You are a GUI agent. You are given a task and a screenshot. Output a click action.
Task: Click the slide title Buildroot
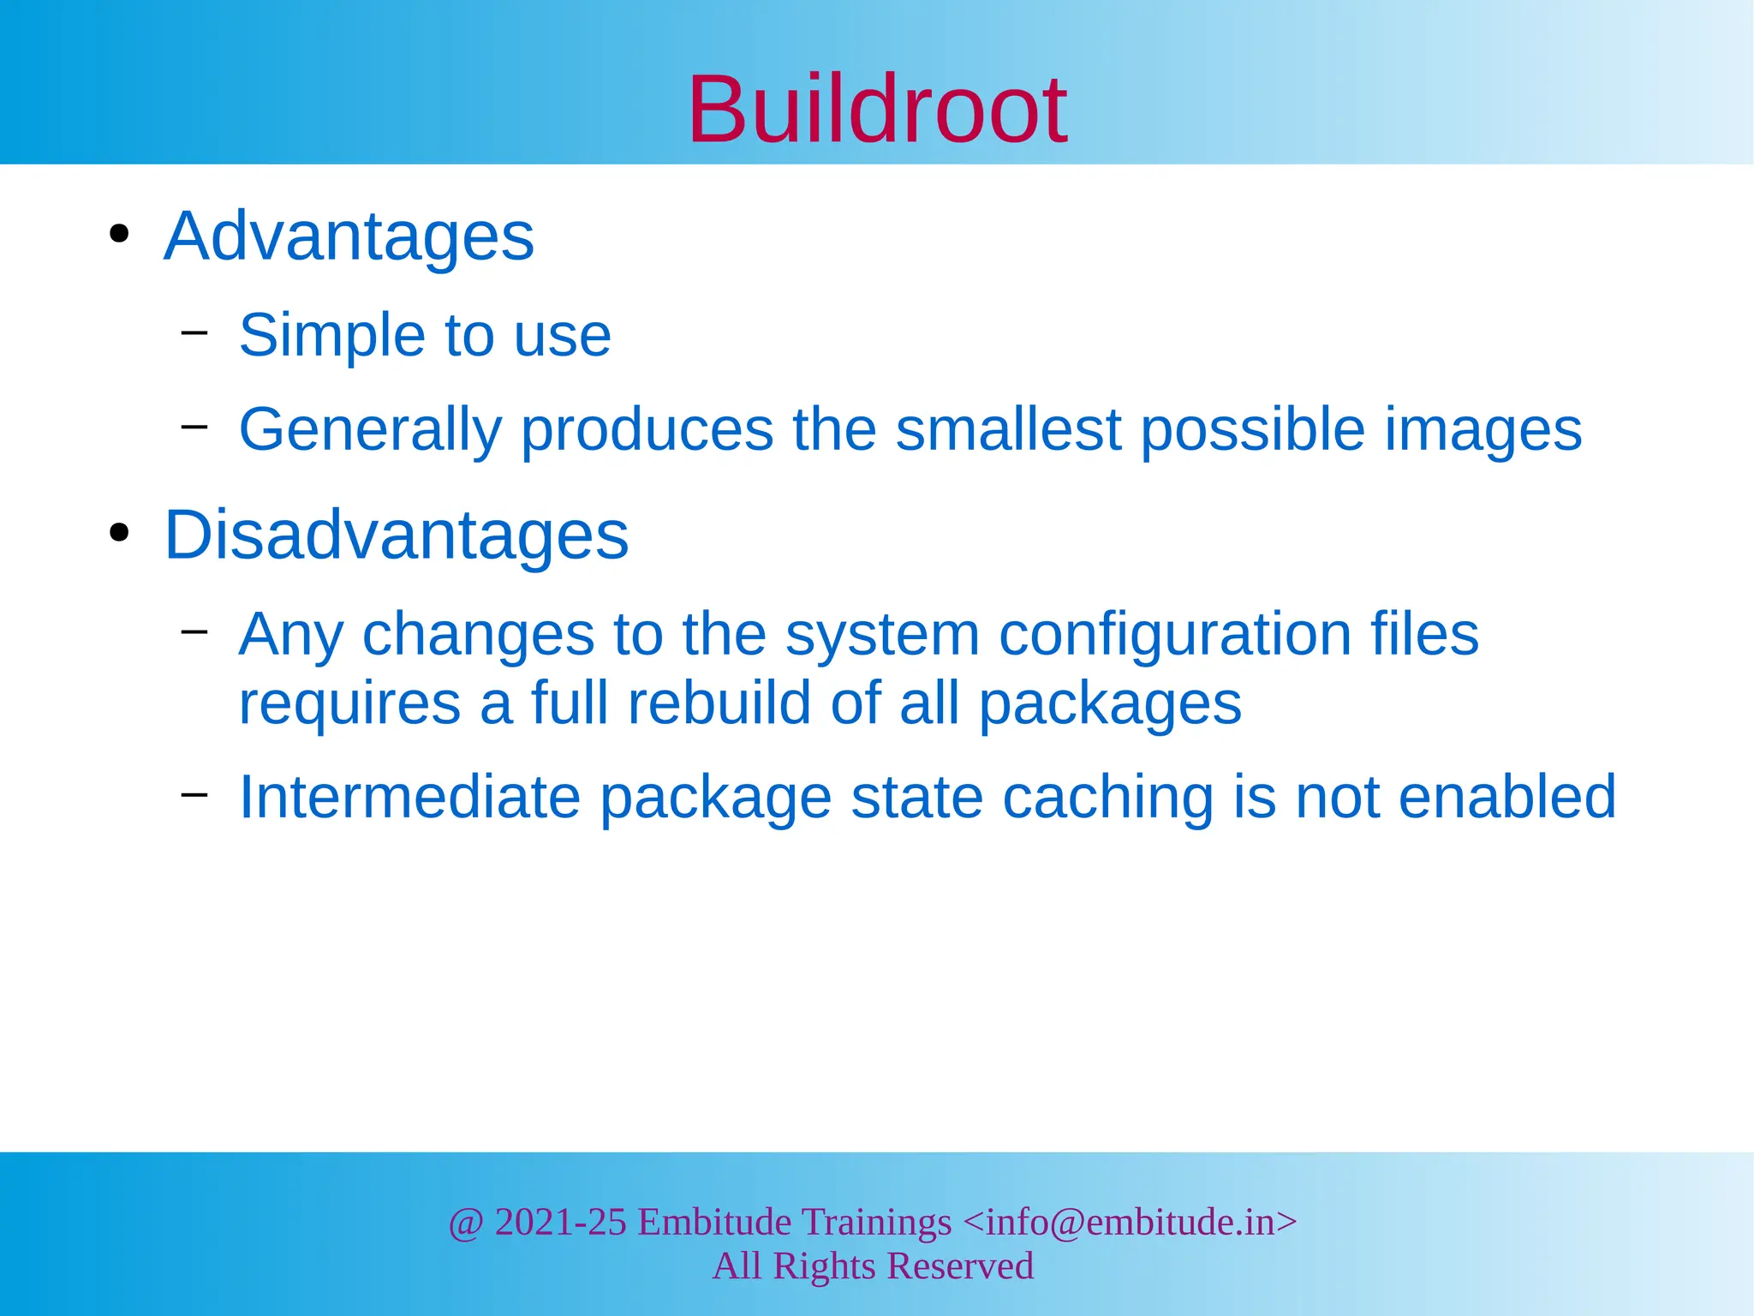877,110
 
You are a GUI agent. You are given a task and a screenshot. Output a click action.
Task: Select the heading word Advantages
349,236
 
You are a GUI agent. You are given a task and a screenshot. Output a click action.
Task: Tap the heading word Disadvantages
396,535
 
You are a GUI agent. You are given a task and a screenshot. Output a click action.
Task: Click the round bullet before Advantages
120,233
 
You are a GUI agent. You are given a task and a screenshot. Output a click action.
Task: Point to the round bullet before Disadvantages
120,532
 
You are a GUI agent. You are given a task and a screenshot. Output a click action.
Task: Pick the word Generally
370,431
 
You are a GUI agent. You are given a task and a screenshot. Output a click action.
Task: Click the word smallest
1008,429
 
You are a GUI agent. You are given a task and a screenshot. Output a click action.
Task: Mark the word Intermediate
409,798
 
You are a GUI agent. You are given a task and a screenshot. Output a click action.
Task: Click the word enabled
1506,798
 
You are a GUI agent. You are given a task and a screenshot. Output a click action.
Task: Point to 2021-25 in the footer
560,1223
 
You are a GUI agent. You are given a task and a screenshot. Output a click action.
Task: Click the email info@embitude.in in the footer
1130,1223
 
